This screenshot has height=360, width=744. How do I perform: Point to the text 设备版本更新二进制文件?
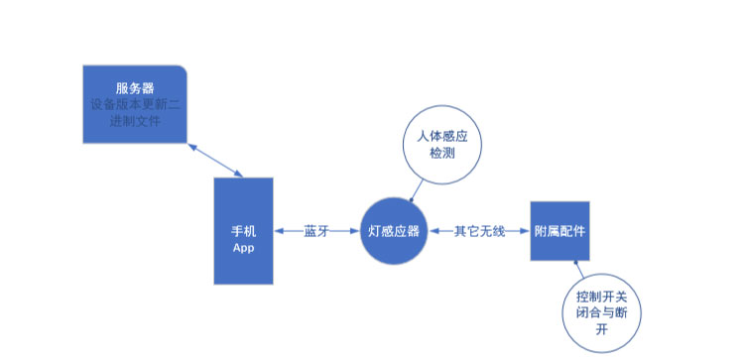(133, 112)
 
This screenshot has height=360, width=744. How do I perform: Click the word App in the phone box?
(244, 247)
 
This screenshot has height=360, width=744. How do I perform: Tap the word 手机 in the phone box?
(244, 231)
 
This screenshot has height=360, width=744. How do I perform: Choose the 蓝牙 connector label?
(316, 232)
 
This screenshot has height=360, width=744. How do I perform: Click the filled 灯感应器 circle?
(394, 232)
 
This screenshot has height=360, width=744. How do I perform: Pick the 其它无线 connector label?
(479, 232)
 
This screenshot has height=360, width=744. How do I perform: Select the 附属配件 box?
(558, 232)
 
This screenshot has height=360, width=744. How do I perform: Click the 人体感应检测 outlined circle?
(441, 145)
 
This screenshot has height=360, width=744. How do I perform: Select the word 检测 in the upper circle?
(441, 154)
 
